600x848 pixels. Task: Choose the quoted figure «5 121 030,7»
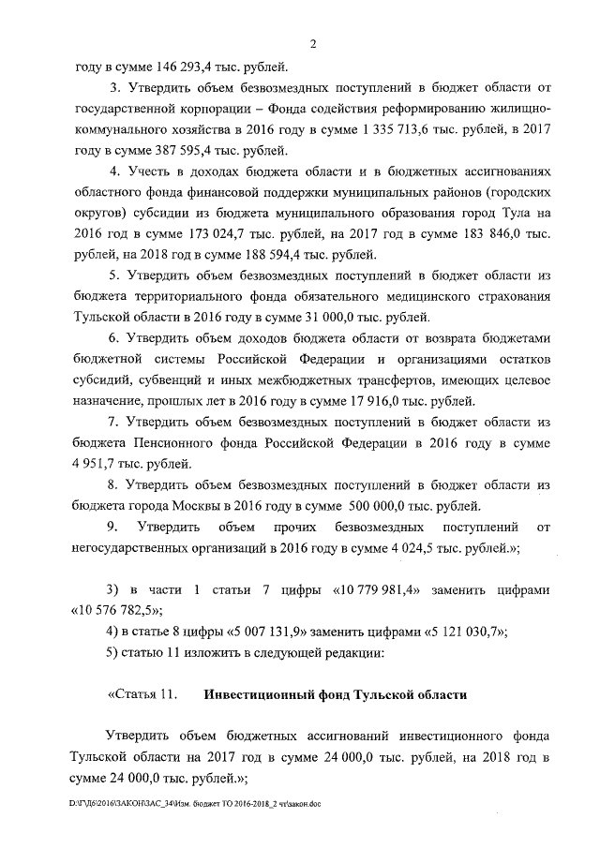pos(455,632)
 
